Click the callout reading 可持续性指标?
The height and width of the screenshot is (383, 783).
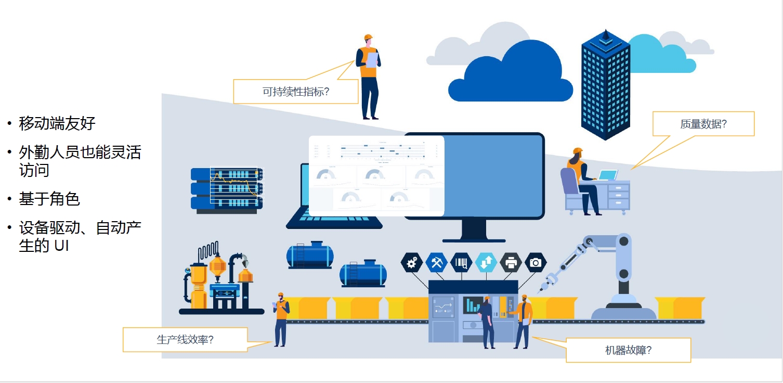tap(296, 92)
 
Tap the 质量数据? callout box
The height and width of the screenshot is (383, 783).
tap(703, 124)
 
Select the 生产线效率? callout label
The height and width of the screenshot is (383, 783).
tap(185, 340)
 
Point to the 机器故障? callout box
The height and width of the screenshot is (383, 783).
tap(628, 350)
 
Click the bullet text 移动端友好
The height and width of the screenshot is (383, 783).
tap(57, 123)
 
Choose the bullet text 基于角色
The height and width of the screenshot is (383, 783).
tap(49, 199)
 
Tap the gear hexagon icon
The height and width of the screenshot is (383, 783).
tap(412, 263)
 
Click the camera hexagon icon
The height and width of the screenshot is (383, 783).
tap(536, 263)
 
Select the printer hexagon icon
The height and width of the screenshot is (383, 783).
tap(511, 263)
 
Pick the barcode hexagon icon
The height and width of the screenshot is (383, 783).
tap(461, 263)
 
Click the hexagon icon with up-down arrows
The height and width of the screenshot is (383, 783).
tap(486, 263)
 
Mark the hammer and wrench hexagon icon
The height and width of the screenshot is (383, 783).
tap(436, 263)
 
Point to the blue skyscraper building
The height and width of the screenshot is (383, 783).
tap(605, 86)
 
